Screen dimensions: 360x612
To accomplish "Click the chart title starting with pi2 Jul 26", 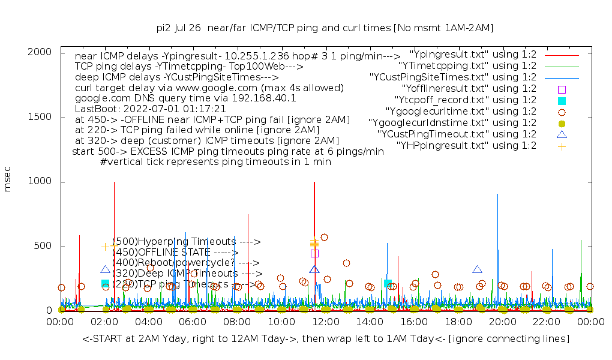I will (325, 28).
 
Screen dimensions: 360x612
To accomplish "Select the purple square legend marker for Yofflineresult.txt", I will (562, 89).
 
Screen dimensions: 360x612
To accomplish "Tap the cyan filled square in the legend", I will (562, 100).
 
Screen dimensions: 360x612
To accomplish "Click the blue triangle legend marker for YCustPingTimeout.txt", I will (562, 134).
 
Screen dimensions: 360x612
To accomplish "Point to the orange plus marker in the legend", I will (562, 146).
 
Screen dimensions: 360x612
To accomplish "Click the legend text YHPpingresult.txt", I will (466, 146).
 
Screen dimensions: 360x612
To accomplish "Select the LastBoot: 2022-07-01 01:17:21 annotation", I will (150, 109).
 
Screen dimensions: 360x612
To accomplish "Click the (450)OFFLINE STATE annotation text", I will (175, 253).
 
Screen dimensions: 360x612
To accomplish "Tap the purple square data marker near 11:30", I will (314, 253).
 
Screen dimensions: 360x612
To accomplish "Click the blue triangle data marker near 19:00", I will (477, 270).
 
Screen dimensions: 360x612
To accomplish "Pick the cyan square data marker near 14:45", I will (388, 283).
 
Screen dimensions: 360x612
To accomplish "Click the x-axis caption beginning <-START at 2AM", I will (325, 339).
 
